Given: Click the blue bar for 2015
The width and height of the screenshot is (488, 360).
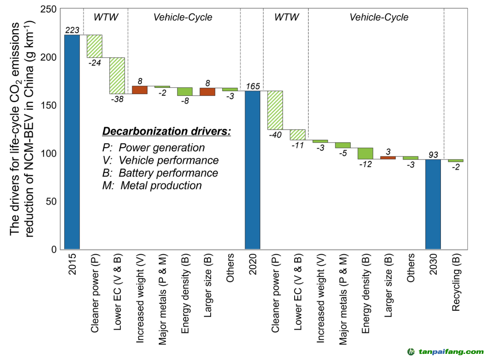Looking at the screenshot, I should click(72, 142).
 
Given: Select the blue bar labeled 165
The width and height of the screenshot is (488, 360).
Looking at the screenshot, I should click(252, 170).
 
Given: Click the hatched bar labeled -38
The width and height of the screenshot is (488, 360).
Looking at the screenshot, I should click(117, 75).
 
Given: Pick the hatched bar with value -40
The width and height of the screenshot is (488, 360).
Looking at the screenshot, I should click(275, 110).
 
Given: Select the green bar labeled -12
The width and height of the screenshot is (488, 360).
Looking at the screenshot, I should click(365, 153).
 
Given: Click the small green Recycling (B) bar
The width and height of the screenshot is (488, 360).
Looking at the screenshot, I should click(456, 160).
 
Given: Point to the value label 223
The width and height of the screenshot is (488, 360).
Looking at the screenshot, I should click(72, 30).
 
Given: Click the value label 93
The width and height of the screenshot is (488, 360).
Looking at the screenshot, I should click(433, 155).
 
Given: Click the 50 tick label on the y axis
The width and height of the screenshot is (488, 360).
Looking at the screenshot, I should click(52, 201).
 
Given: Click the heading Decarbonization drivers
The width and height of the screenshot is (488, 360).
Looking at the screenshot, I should click(166, 132).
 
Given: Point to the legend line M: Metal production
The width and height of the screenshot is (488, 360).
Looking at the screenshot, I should click(152, 185).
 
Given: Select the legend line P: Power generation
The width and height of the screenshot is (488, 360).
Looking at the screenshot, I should click(153, 147).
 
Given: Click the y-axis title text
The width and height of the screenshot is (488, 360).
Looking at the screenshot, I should click(23, 129).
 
